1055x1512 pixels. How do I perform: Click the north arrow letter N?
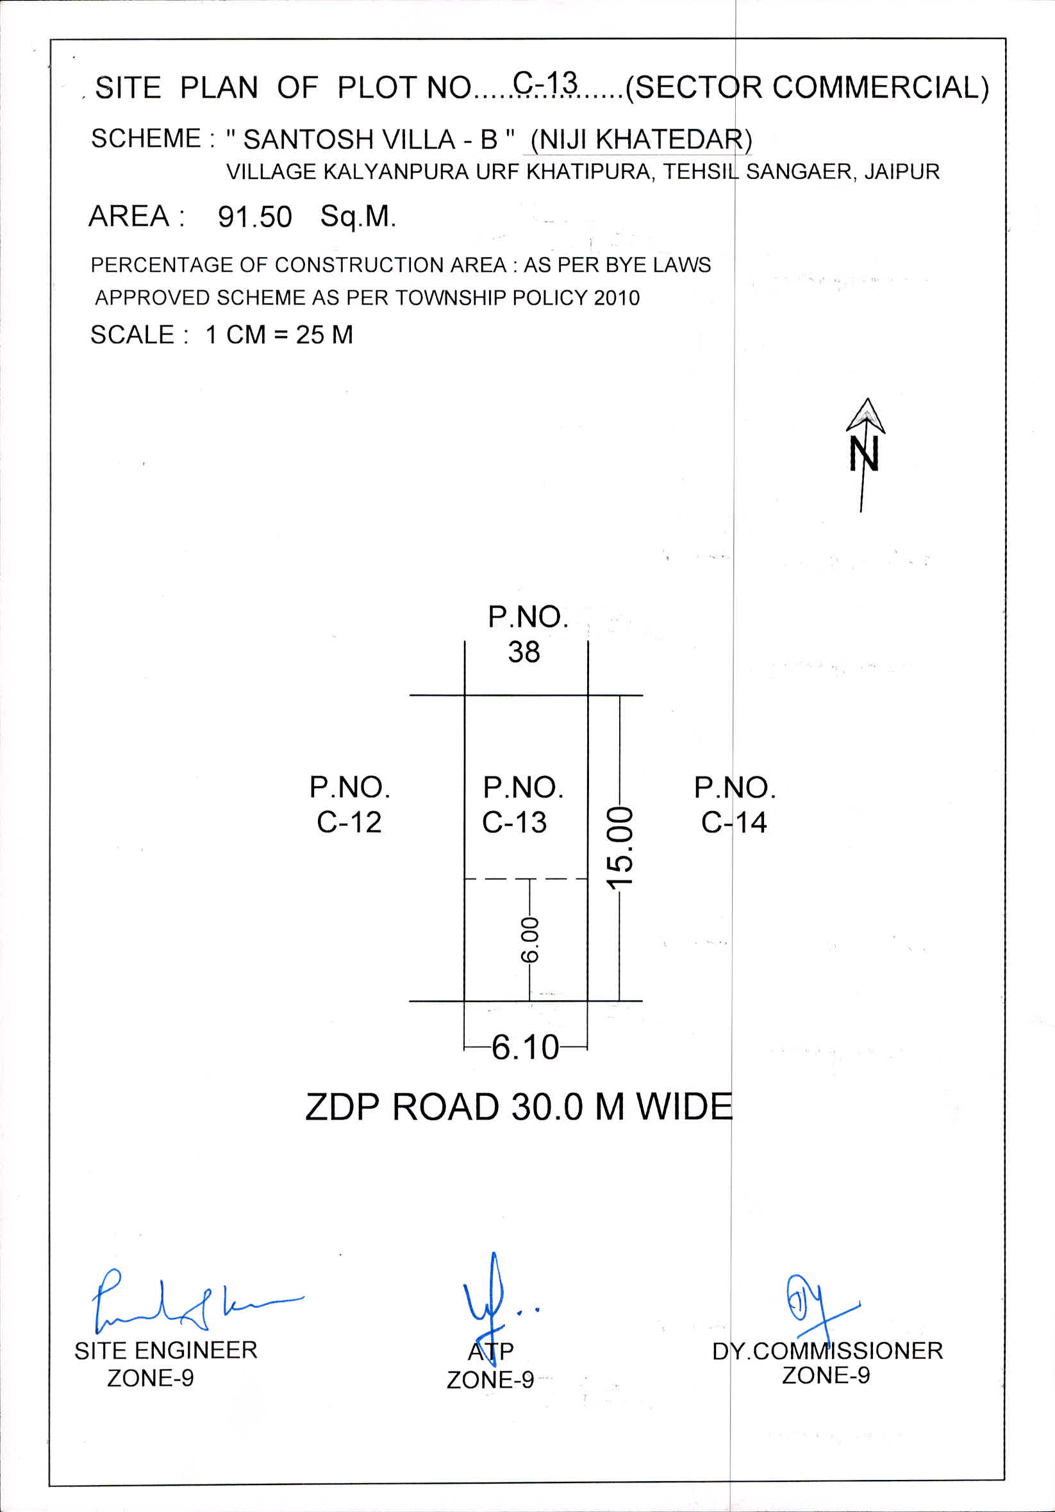[863, 455]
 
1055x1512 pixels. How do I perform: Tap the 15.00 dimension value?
[619, 847]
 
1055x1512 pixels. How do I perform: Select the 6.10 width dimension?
[525, 1047]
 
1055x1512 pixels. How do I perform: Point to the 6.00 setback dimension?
[530, 940]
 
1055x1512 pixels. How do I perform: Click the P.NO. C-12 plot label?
[349, 805]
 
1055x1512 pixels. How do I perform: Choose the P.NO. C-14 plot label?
[735, 805]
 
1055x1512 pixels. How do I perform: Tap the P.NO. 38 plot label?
[527, 634]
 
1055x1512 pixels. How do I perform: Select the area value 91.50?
[254, 217]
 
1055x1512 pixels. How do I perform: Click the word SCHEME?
[145, 139]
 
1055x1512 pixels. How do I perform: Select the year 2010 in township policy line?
[617, 298]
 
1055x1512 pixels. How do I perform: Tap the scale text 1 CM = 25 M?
[279, 335]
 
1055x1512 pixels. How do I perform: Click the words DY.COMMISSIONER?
[827, 1350]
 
